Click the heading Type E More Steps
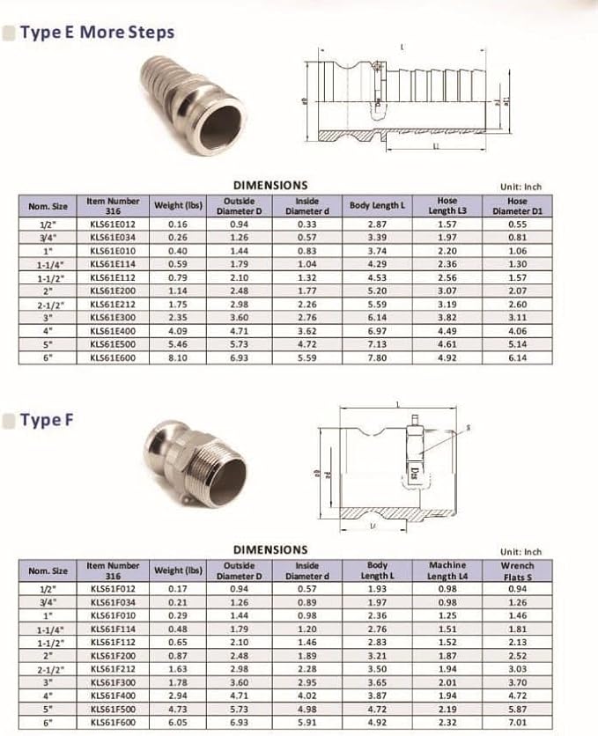pyautogui.click(x=97, y=33)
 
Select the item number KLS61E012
pyautogui.click(x=113, y=225)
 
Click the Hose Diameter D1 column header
pyautogui.click(x=517, y=206)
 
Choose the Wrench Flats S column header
pyautogui.click(x=517, y=570)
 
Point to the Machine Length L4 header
pyautogui.click(x=447, y=570)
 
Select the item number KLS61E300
pyautogui.click(x=113, y=318)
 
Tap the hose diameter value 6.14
pyautogui.click(x=517, y=358)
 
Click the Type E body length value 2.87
pyautogui.click(x=378, y=225)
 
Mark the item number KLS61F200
pyautogui.click(x=112, y=656)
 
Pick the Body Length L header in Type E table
pyautogui.click(x=378, y=206)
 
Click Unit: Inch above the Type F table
pyautogui.click(x=521, y=552)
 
